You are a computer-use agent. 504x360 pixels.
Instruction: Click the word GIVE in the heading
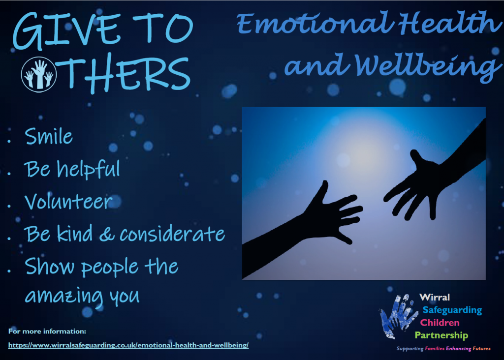point(65,31)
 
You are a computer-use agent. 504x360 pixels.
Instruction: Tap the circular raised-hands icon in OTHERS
point(39,74)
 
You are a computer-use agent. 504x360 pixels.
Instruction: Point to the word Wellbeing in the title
point(428,65)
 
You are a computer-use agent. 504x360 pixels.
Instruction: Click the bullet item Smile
point(49,136)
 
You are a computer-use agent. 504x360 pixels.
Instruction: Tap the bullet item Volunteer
point(68,201)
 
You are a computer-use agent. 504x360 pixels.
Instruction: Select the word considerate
point(172,234)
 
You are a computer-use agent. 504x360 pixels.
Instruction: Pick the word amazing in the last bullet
point(64,296)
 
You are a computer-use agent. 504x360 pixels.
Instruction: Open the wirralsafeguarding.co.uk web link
point(128,345)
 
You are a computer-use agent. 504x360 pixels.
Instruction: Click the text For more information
point(47,331)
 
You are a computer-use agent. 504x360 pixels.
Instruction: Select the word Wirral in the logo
point(435,298)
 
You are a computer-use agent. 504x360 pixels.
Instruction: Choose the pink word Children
point(440,323)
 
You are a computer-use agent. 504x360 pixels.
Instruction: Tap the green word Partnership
point(441,335)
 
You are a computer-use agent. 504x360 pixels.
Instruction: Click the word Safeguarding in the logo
point(452,310)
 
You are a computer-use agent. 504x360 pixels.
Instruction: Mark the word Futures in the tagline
point(481,348)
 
